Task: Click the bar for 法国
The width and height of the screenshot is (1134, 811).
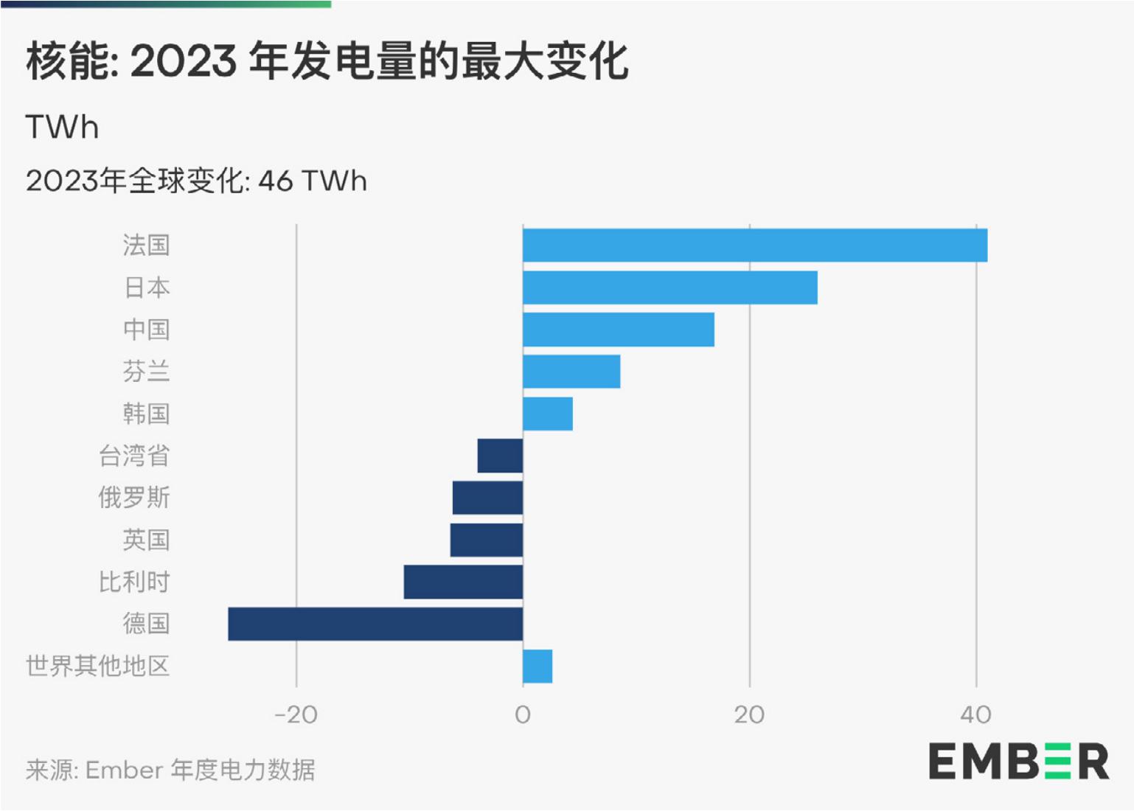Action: [x=754, y=246]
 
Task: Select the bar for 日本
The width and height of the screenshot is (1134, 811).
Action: [x=669, y=288]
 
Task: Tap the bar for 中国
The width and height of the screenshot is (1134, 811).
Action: [x=618, y=330]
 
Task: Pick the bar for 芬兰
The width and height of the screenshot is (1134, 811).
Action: [x=571, y=372]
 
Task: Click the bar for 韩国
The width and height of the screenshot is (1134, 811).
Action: [x=547, y=414]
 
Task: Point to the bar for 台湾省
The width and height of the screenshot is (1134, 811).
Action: [x=500, y=456]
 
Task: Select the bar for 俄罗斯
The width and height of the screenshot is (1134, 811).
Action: [x=487, y=498]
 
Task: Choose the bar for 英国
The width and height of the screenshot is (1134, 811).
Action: [x=487, y=540]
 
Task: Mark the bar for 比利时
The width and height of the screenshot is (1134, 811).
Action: [x=463, y=582]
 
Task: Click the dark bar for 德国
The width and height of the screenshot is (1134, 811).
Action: [x=375, y=624]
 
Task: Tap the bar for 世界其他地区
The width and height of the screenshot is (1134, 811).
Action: [x=537, y=666]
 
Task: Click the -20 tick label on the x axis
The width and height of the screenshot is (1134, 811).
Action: [x=296, y=714]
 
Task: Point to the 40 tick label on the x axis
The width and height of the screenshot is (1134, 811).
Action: [x=975, y=714]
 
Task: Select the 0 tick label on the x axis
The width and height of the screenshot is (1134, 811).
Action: [x=522, y=714]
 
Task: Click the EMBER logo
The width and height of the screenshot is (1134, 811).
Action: [x=1018, y=762]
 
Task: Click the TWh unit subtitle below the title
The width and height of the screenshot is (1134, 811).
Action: [x=62, y=128]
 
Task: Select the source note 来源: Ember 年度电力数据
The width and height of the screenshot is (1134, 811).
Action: [x=170, y=770]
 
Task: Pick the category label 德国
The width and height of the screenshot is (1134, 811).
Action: [x=146, y=624]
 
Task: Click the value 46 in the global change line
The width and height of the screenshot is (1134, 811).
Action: [x=275, y=181]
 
